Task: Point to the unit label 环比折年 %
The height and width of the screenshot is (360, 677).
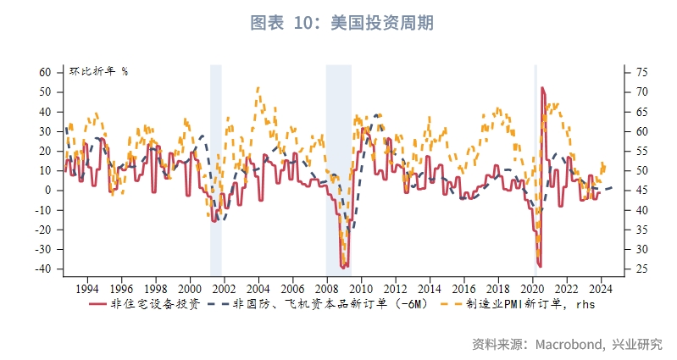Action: (98, 71)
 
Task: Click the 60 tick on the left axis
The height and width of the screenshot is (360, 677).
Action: (46, 73)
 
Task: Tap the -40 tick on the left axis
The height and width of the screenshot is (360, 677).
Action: (43, 269)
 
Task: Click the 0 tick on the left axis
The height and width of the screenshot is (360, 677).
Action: (48, 191)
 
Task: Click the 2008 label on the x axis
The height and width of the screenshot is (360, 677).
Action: (326, 287)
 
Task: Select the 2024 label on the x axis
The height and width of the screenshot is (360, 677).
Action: (601, 287)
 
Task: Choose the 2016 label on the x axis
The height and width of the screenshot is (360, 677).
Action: (463, 287)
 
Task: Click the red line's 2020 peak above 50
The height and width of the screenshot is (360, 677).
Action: (542, 87)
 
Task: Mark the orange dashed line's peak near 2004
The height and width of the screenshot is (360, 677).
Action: (258, 87)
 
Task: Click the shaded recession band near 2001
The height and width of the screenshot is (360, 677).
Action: (216, 169)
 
